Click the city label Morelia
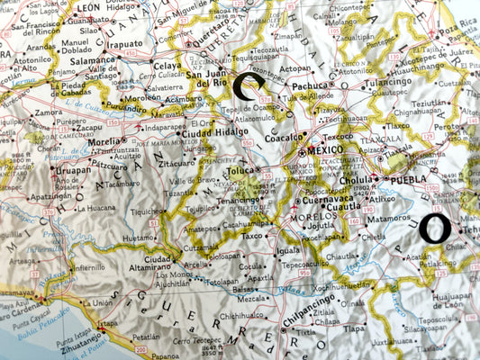[x=104, y=141]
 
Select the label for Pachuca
[x=310, y=85]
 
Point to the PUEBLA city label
[x=411, y=179]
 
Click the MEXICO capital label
[x=325, y=150]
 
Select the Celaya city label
[x=167, y=66]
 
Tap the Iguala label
[x=287, y=251]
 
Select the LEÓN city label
[x=88, y=6]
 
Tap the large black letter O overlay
[x=435, y=229]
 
